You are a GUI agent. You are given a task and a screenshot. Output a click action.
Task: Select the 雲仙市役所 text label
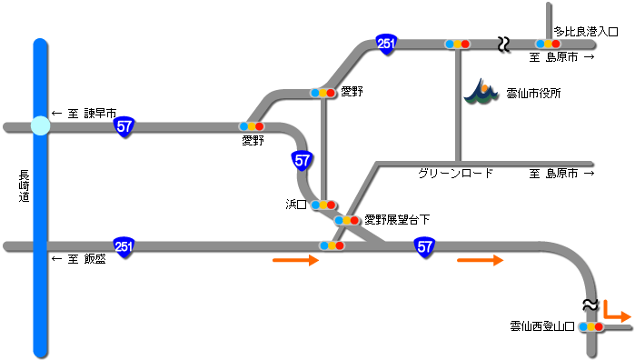click(x=533, y=93)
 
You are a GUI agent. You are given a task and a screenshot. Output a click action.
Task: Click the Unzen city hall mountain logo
click(x=481, y=91)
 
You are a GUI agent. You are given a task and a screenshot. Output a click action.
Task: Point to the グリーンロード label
click(x=456, y=173)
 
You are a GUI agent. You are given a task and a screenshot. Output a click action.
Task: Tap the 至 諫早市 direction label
click(x=84, y=114)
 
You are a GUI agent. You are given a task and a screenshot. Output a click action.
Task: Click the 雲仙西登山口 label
click(x=542, y=325)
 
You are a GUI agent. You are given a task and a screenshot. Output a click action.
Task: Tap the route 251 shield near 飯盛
click(x=124, y=246)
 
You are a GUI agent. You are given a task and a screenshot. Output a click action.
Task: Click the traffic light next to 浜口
click(x=323, y=205)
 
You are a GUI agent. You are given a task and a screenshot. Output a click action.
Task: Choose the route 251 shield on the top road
click(x=386, y=45)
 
